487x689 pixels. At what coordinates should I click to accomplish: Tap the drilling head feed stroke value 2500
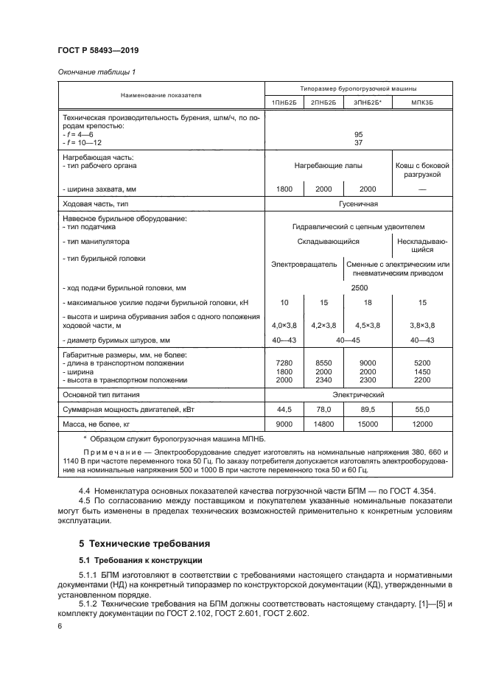click(359, 288)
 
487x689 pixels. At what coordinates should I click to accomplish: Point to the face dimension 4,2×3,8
click(324, 325)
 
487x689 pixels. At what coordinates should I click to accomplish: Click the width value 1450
click(422, 371)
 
